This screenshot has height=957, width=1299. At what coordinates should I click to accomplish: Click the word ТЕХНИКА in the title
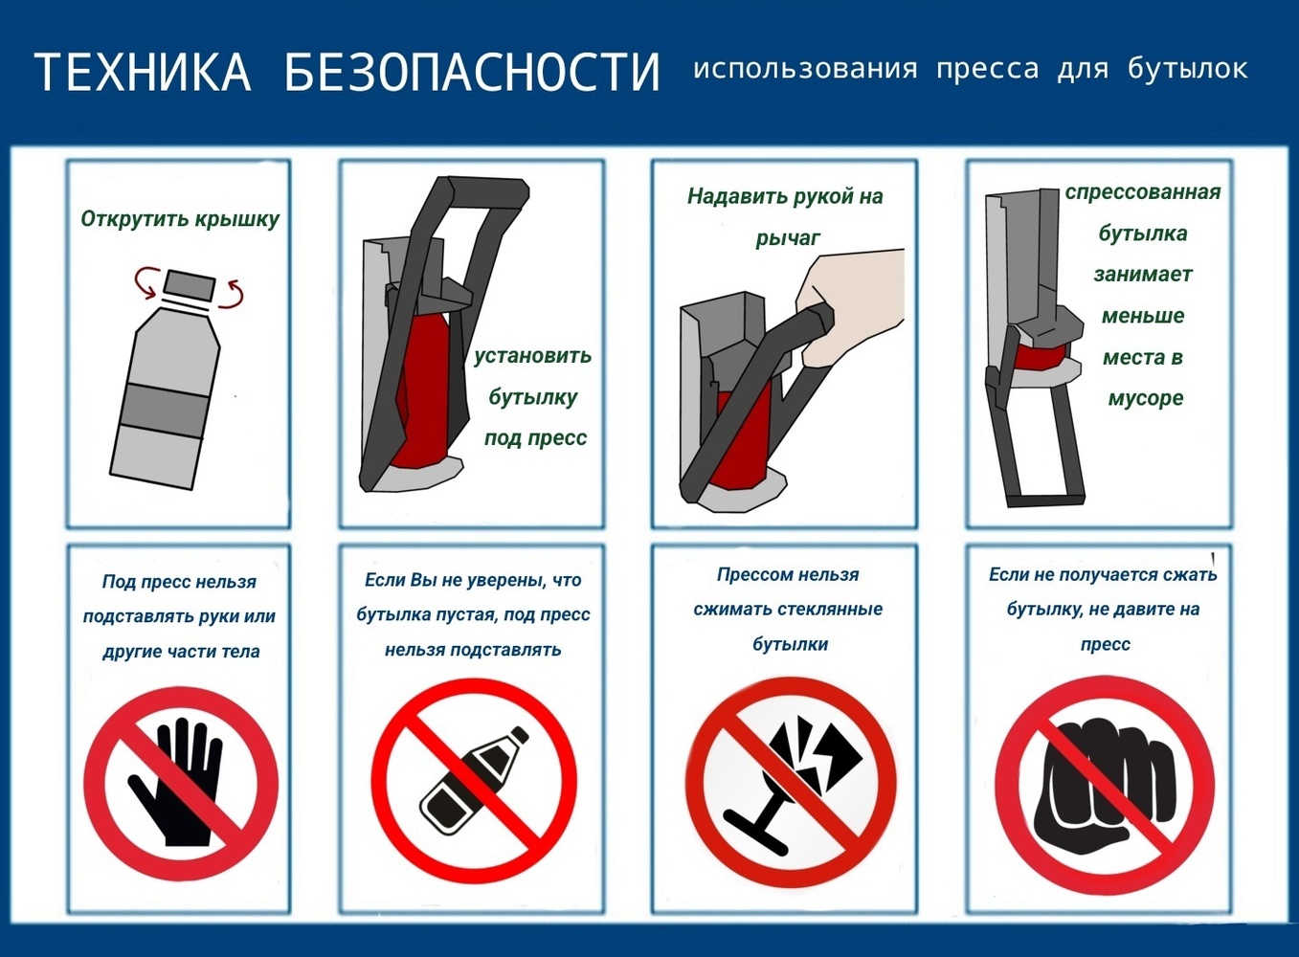(143, 72)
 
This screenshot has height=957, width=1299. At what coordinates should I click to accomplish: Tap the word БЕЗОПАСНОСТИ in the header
(473, 72)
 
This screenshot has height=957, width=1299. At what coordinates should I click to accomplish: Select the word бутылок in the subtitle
(1188, 69)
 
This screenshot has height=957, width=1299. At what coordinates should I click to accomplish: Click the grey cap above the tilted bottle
(189, 285)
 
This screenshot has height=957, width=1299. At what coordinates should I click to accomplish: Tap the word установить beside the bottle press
(532, 355)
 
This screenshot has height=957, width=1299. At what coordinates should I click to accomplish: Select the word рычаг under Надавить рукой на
(788, 238)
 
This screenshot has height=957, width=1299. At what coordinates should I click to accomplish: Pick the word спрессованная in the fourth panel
(1143, 192)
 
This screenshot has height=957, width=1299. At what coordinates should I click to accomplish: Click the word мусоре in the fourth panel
(1145, 398)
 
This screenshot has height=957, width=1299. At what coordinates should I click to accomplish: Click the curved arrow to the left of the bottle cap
(147, 282)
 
